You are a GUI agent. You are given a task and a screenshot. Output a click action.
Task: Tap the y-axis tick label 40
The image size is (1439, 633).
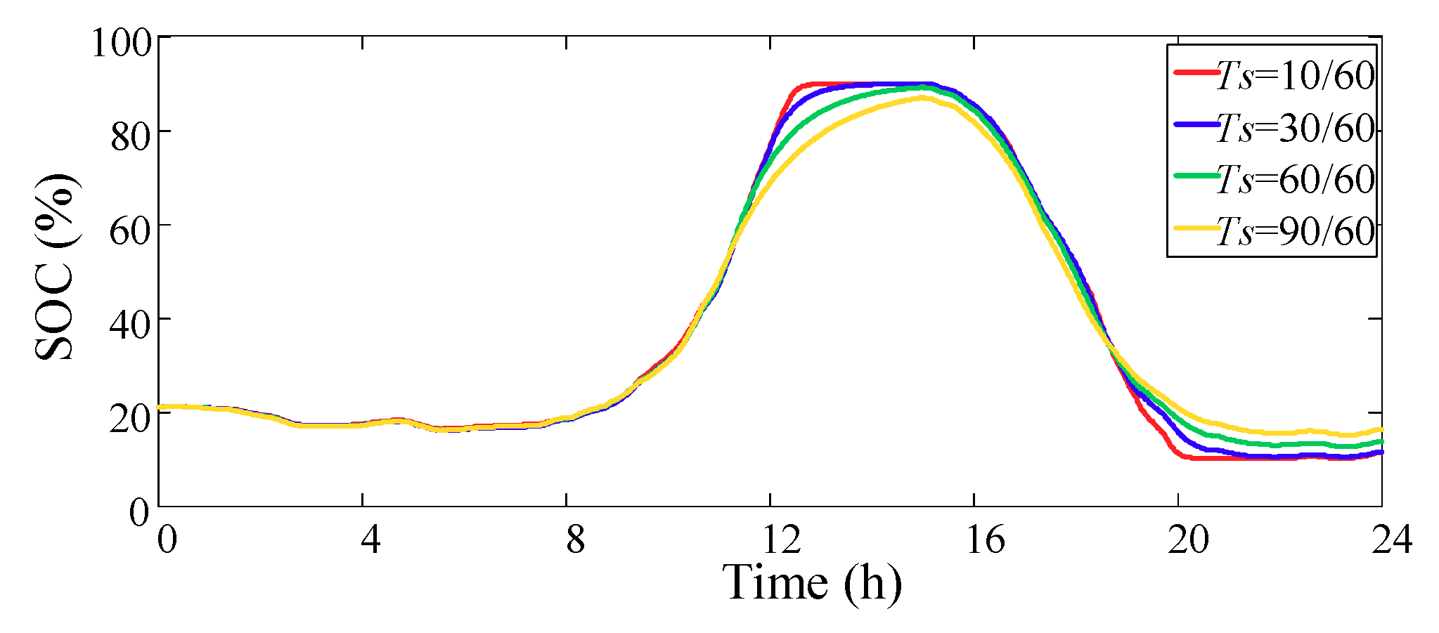pos(131,324)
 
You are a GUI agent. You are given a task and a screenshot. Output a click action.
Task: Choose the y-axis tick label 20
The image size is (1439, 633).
pos(131,418)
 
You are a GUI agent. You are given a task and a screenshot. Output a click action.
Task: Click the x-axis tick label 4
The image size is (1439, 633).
pos(370,540)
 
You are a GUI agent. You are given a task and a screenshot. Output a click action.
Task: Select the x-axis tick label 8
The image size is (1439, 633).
pos(575,540)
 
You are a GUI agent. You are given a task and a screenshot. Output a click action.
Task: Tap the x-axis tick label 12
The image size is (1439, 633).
pos(781,540)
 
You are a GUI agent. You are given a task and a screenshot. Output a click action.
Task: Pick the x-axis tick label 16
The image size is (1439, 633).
pos(985,540)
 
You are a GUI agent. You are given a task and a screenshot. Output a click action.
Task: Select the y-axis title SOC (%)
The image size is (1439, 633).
pos(56,267)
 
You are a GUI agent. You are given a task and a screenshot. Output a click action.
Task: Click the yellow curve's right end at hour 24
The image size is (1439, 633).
pos(1381,429)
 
